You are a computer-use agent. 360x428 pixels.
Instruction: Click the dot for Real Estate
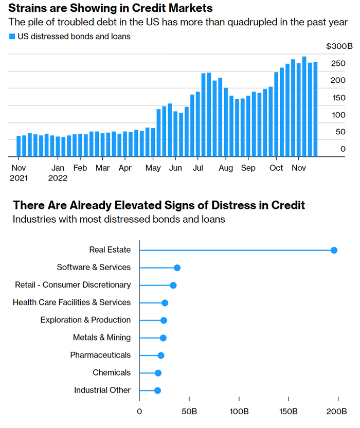(334, 251)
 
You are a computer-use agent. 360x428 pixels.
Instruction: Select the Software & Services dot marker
(177, 268)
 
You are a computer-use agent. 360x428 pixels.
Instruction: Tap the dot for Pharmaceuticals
(160, 355)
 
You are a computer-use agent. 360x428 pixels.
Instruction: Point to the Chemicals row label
(112, 372)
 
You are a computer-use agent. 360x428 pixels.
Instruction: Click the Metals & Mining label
(102, 337)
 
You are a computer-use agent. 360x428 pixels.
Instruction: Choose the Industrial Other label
(102, 390)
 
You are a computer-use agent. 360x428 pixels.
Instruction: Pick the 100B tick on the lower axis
(239, 412)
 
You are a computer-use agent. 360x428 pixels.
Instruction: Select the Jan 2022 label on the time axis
(58, 173)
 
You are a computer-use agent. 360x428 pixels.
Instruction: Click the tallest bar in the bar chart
(304, 106)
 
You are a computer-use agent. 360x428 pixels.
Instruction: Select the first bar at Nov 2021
(19, 146)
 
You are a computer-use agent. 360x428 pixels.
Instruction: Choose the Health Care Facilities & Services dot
(165, 303)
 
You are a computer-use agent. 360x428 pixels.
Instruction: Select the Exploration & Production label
(85, 320)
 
